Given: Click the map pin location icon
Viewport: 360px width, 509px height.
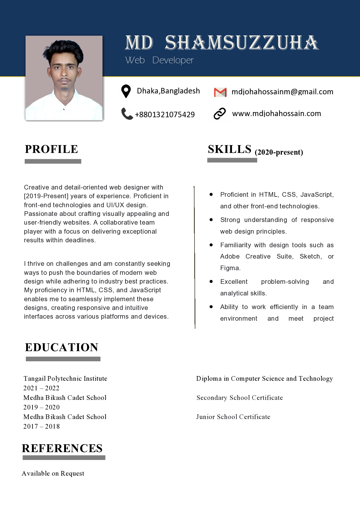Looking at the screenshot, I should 126,91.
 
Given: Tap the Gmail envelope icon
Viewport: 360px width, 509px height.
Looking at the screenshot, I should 220,92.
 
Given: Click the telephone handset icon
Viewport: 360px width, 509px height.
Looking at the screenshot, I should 127,114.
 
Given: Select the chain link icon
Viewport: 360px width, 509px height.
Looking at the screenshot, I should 219,113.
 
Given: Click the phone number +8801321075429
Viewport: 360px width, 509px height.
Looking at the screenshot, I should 165,115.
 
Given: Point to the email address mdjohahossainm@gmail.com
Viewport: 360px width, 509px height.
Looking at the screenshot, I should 282,92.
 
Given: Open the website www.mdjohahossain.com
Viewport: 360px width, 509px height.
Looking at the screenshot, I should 276,113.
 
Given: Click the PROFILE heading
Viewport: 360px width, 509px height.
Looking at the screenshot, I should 51,149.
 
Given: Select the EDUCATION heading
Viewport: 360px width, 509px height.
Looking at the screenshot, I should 62,347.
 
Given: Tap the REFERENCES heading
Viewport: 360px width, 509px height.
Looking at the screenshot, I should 62,448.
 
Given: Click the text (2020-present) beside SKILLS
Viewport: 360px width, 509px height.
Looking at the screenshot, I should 279,152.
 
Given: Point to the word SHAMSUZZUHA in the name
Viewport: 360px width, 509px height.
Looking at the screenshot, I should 242,43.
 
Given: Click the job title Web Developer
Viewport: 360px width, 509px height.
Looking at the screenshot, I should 159,60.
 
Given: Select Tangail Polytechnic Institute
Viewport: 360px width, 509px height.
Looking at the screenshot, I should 65,378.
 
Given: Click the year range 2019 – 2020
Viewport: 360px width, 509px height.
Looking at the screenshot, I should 42,407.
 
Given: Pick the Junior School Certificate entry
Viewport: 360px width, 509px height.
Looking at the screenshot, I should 233,417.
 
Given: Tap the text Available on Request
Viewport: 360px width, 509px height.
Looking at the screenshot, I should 53,473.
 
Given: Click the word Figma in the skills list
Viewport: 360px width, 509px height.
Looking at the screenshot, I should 230,268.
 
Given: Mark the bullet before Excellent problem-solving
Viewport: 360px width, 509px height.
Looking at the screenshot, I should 211,281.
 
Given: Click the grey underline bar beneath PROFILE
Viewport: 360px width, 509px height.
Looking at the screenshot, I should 53,161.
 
